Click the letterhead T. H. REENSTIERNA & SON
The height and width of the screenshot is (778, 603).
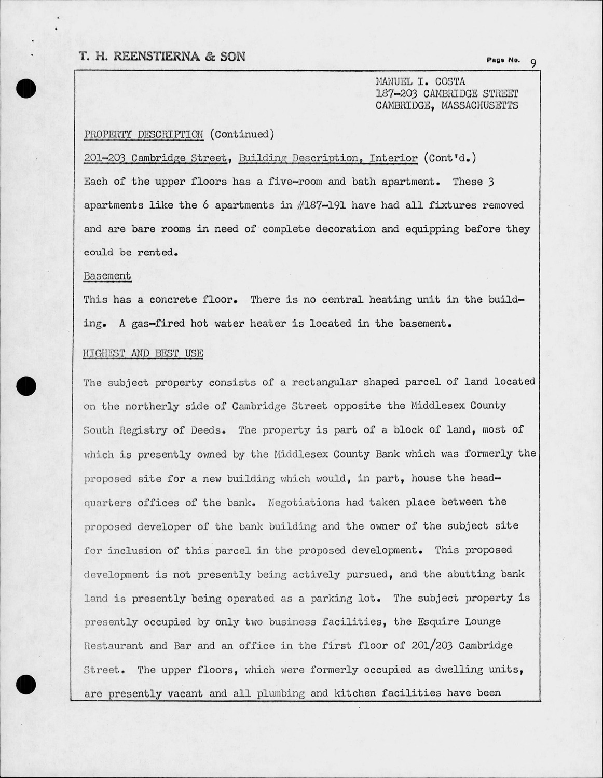[162, 57]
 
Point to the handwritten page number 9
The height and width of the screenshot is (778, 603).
[533, 63]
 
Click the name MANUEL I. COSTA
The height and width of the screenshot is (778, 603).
[420, 82]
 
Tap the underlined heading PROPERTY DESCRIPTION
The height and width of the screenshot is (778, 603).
[144, 134]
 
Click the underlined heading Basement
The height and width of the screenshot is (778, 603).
[107, 276]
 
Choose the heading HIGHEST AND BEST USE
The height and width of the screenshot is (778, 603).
[143, 354]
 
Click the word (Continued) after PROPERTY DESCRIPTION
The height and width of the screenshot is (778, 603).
[242, 134]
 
